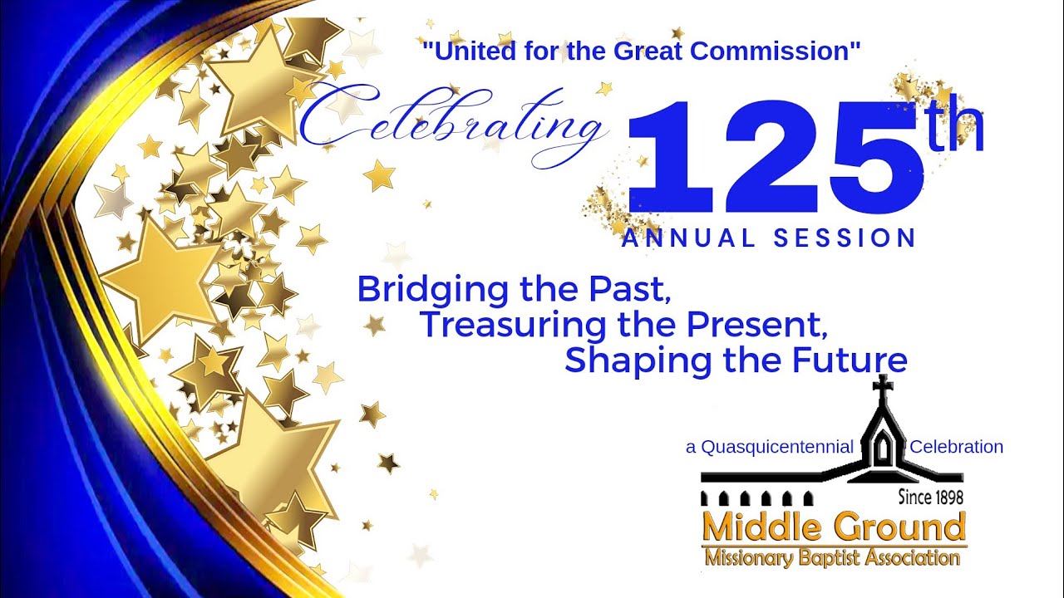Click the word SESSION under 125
click(845, 239)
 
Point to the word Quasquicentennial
click(777, 447)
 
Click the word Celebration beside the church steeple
click(957, 447)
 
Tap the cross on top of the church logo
click(883, 387)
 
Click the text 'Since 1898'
click(930, 498)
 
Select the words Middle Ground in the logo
click(834, 527)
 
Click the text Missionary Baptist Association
click(832, 557)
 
